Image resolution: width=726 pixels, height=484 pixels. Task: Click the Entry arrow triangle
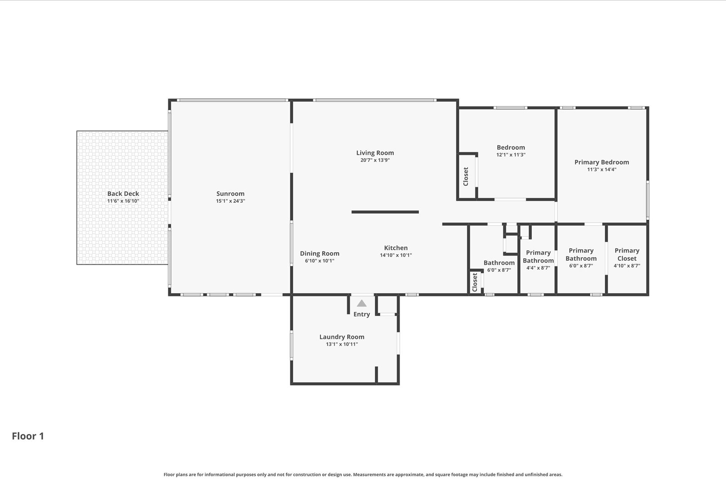pos(362,303)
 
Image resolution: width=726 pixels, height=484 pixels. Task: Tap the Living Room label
pos(375,153)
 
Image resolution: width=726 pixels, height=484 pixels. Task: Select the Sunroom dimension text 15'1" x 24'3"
pos(231,201)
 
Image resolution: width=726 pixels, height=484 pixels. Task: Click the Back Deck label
pos(123,194)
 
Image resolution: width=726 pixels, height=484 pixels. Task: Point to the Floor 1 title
pos(28,436)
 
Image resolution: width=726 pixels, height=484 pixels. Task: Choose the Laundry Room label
pos(342,337)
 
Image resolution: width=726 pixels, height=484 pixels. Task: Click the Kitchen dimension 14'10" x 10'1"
pos(396,255)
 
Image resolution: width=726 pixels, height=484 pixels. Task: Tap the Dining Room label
pos(319,253)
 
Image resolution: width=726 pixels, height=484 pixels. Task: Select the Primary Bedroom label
pos(602,162)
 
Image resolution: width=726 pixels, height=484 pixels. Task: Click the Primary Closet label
pos(627,255)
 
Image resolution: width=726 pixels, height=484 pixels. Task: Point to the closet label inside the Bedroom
pos(466,176)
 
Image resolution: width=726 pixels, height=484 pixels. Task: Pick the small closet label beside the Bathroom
pos(475,282)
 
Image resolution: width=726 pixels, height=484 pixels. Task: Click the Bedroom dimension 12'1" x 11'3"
pos(511,155)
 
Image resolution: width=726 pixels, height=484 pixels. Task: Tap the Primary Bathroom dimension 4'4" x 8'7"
pos(538,268)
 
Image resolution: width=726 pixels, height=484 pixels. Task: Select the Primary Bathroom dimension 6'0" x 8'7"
pos(581,266)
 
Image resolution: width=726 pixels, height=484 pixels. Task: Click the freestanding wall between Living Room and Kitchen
pos(385,212)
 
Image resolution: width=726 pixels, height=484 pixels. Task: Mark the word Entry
pos(362,315)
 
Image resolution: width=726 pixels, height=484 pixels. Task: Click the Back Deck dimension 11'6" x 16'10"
pos(123,201)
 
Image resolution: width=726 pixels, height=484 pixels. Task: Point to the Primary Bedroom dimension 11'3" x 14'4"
pos(602,169)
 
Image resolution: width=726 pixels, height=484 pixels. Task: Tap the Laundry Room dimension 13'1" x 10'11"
pos(342,344)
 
